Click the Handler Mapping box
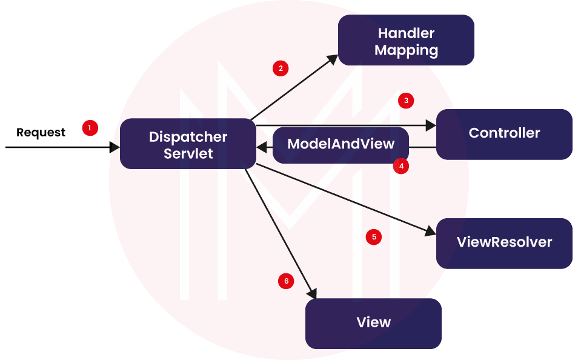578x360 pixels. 405,40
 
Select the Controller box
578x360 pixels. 504,134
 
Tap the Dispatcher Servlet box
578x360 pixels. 188,144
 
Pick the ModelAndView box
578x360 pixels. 340,144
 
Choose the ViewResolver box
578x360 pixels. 504,243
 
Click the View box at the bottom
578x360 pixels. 373,323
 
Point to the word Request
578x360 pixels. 41,132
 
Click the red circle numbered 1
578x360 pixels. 90,128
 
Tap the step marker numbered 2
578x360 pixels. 280,68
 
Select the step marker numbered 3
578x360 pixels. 407,101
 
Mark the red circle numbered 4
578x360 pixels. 400,165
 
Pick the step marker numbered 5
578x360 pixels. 374,237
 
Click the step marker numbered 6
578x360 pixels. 286,281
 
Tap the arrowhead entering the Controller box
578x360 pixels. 431,126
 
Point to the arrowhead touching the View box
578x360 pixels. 313,293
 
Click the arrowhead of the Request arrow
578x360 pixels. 115,147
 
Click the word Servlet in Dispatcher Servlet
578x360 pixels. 188,153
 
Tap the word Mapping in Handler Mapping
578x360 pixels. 405,50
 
